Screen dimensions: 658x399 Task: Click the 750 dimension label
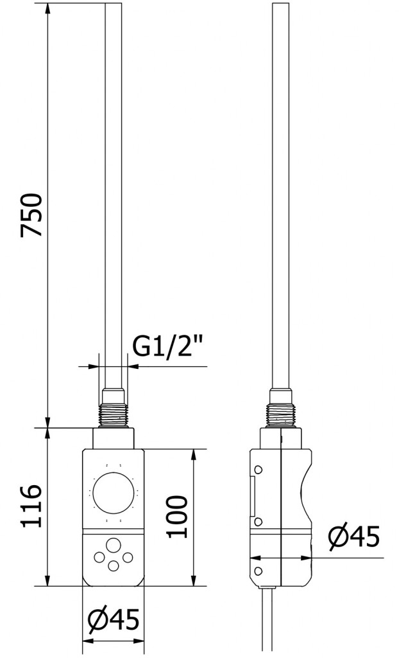[31, 215]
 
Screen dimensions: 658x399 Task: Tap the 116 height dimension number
[31, 506]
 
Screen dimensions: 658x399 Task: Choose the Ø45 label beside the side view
[353, 537]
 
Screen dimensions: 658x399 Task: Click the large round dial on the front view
[114, 493]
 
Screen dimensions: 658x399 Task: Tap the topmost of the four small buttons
[114, 543]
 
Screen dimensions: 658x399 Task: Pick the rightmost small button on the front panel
[127, 556]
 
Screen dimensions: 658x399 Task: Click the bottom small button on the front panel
[114, 565]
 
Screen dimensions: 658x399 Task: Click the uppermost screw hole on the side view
[258, 468]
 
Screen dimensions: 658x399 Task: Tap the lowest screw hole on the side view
[258, 571]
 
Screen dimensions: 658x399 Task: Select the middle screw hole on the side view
[258, 522]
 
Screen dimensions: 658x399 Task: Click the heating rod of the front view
[114, 193]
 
